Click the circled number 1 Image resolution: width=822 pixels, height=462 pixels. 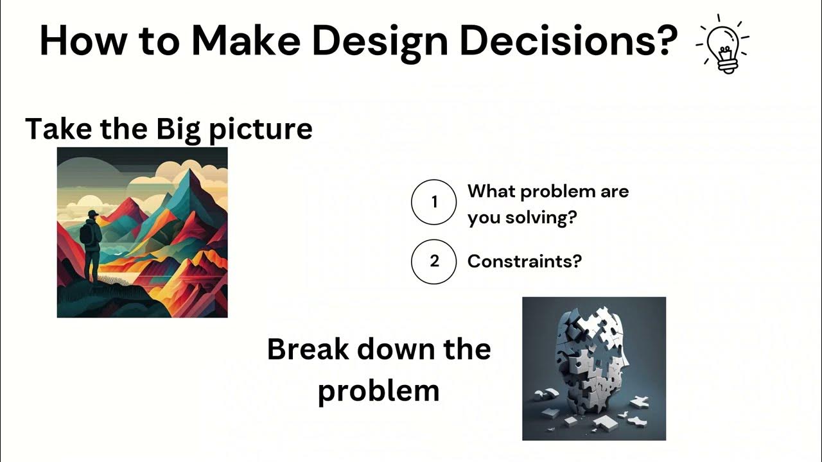(434, 202)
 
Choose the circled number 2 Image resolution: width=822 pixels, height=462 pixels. (434, 261)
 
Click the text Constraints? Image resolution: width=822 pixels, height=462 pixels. (524, 261)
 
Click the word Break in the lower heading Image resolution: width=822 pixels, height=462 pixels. (308, 350)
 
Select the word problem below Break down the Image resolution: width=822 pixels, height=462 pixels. (378, 391)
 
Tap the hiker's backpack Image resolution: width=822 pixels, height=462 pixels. (85, 234)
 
